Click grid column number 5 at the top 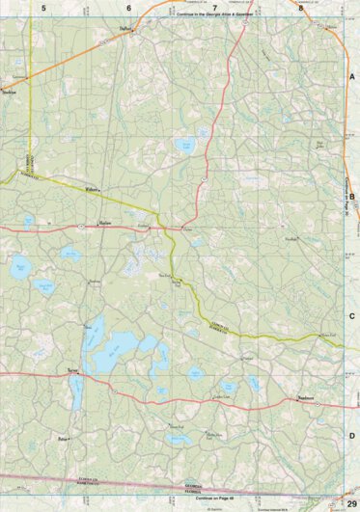pyautogui.click(x=43, y=8)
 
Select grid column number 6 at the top pyautogui.click(x=128, y=8)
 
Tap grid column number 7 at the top pyautogui.click(x=215, y=8)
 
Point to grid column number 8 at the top pyautogui.click(x=301, y=8)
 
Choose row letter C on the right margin pyautogui.click(x=352, y=315)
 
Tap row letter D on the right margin pyautogui.click(x=352, y=436)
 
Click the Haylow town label pyautogui.click(x=106, y=222)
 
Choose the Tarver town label pyautogui.click(x=72, y=369)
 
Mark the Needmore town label pyautogui.click(x=307, y=397)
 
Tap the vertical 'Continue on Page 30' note pyautogui.click(x=345, y=193)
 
